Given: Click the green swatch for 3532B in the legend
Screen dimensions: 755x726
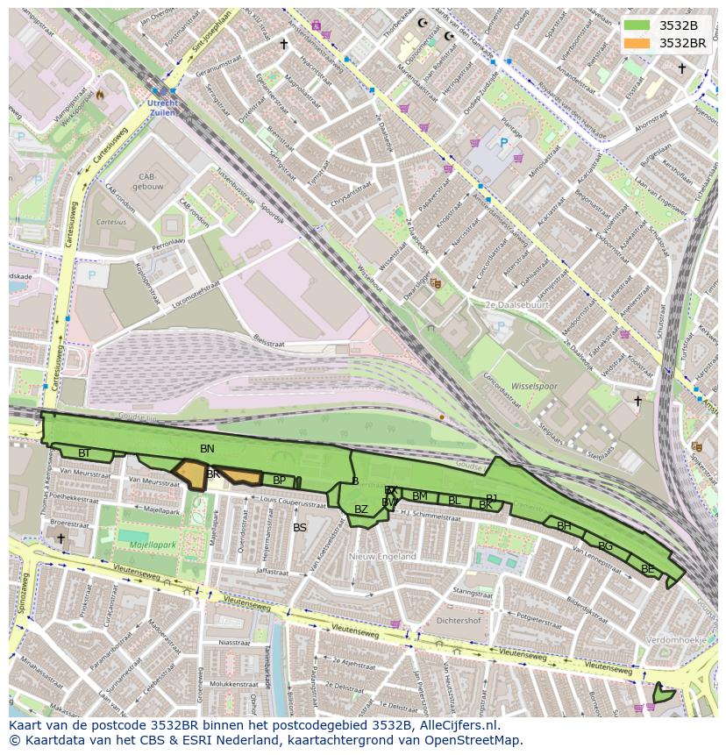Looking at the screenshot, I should [x=637, y=25].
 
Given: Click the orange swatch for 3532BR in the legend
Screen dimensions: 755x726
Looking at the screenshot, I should [x=637, y=43].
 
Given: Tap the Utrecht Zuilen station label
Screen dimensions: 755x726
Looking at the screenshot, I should [x=163, y=109].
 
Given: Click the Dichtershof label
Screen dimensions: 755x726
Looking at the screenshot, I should [x=458, y=620].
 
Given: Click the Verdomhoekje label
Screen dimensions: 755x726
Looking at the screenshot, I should [x=675, y=640].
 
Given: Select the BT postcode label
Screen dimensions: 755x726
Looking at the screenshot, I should [x=84, y=453].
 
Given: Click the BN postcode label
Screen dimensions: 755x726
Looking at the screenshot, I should [x=207, y=449].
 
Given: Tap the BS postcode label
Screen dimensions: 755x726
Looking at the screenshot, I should [x=300, y=528].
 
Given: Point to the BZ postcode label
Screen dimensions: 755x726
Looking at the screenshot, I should [x=361, y=509].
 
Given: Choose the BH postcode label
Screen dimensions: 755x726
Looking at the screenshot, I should [x=564, y=526].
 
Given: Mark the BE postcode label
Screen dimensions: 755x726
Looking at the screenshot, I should [x=647, y=568].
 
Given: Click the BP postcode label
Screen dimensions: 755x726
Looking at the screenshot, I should [x=279, y=480].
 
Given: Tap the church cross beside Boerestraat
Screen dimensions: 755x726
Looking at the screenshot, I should [x=60, y=538].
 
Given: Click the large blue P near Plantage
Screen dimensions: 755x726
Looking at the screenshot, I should [x=503, y=143].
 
